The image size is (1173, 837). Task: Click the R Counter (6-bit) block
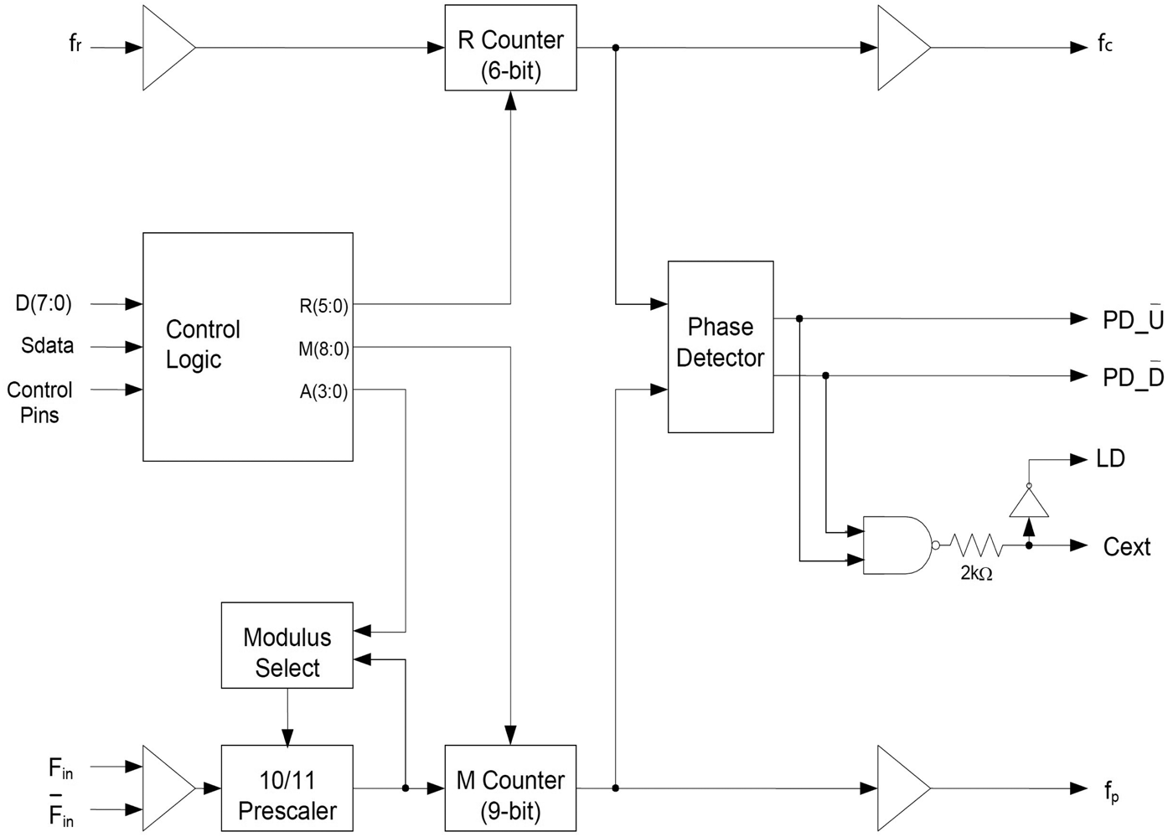click(510, 48)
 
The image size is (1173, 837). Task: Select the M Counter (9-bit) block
click(510, 788)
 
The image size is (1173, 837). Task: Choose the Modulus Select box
click(287, 645)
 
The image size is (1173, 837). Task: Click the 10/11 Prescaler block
click(287, 788)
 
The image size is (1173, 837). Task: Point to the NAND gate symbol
click(895, 545)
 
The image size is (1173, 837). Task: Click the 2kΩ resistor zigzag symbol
click(976, 545)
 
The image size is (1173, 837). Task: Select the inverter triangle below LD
click(1029, 502)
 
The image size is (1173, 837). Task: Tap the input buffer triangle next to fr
click(166, 48)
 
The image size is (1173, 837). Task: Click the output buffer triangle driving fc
click(901, 48)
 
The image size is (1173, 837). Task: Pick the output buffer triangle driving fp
click(901, 788)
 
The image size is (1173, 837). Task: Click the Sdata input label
click(48, 346)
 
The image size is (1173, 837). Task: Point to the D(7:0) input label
click(44, 302)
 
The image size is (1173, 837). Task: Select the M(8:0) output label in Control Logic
click(323, 349)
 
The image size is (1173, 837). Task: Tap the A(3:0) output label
click(323, 391)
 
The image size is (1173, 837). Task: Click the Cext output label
click(1126, 547)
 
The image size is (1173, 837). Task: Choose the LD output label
click(1110, 459)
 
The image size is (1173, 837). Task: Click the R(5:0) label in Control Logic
click(323, 306)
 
